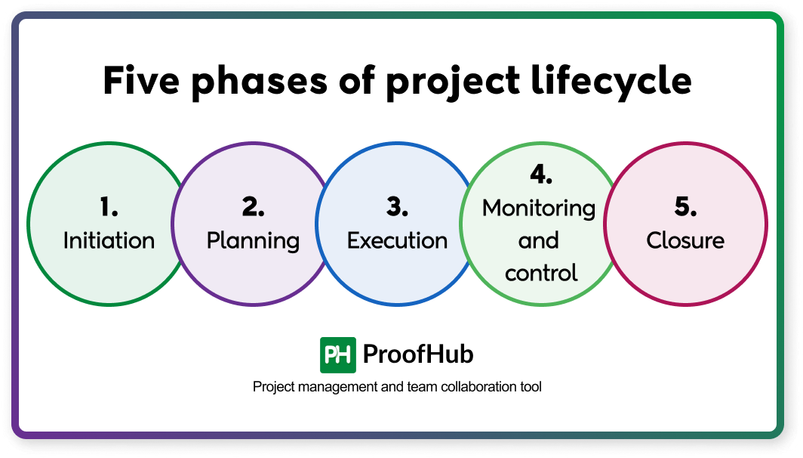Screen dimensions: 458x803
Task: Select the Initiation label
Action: tap(109, 240)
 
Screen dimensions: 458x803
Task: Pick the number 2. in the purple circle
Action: tap(253, 207)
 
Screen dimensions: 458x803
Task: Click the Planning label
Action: tap(253, 241)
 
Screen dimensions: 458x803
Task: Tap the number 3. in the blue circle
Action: tap(397, 207)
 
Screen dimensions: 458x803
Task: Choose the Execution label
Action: tap(397, 240)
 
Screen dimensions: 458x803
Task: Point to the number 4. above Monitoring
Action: tap(540, 175)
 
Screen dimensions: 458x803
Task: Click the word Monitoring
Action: tap(539, 209)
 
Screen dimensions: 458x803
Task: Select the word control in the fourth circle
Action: tap(540, 272)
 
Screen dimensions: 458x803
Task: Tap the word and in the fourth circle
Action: tap(539, 240)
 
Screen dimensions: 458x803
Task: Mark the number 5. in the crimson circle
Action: tap(685, 207)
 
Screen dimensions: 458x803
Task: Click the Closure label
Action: tap(685, 240)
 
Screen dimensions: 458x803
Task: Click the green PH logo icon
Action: tap(337, 354)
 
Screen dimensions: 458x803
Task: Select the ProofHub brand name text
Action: tap(418, 354)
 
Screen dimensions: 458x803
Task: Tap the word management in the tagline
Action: tap(333, 387)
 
